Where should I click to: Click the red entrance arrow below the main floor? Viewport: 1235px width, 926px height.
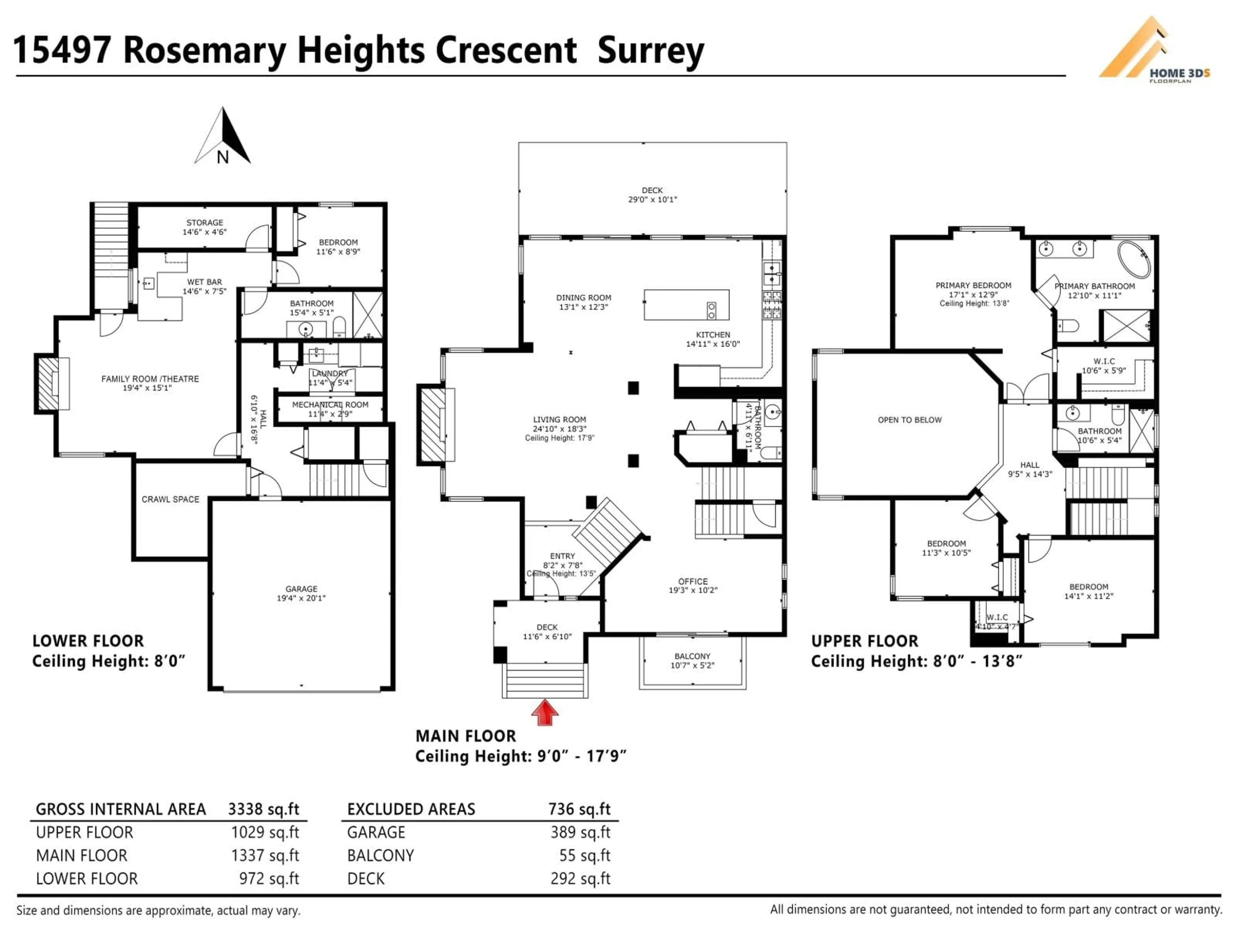(x=544, y=713)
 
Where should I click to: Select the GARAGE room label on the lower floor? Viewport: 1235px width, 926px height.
(x=301, y=589)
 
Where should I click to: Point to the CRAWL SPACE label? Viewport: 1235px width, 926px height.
(x=170, y=499)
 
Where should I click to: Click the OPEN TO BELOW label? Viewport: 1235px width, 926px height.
(x=910, y=420)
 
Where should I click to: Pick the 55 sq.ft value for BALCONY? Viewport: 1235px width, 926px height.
(x=585, y=856)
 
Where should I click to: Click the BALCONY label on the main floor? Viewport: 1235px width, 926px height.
(x=692, y=657)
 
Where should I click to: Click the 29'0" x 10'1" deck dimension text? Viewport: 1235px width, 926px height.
(x=652, y=199)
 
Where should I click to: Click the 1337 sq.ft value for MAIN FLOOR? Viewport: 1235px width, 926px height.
(x=265, y=856)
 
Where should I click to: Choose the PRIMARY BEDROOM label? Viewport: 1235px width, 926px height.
(x=973, y=285)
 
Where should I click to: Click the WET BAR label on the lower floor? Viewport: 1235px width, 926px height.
(x=204, y=282)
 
